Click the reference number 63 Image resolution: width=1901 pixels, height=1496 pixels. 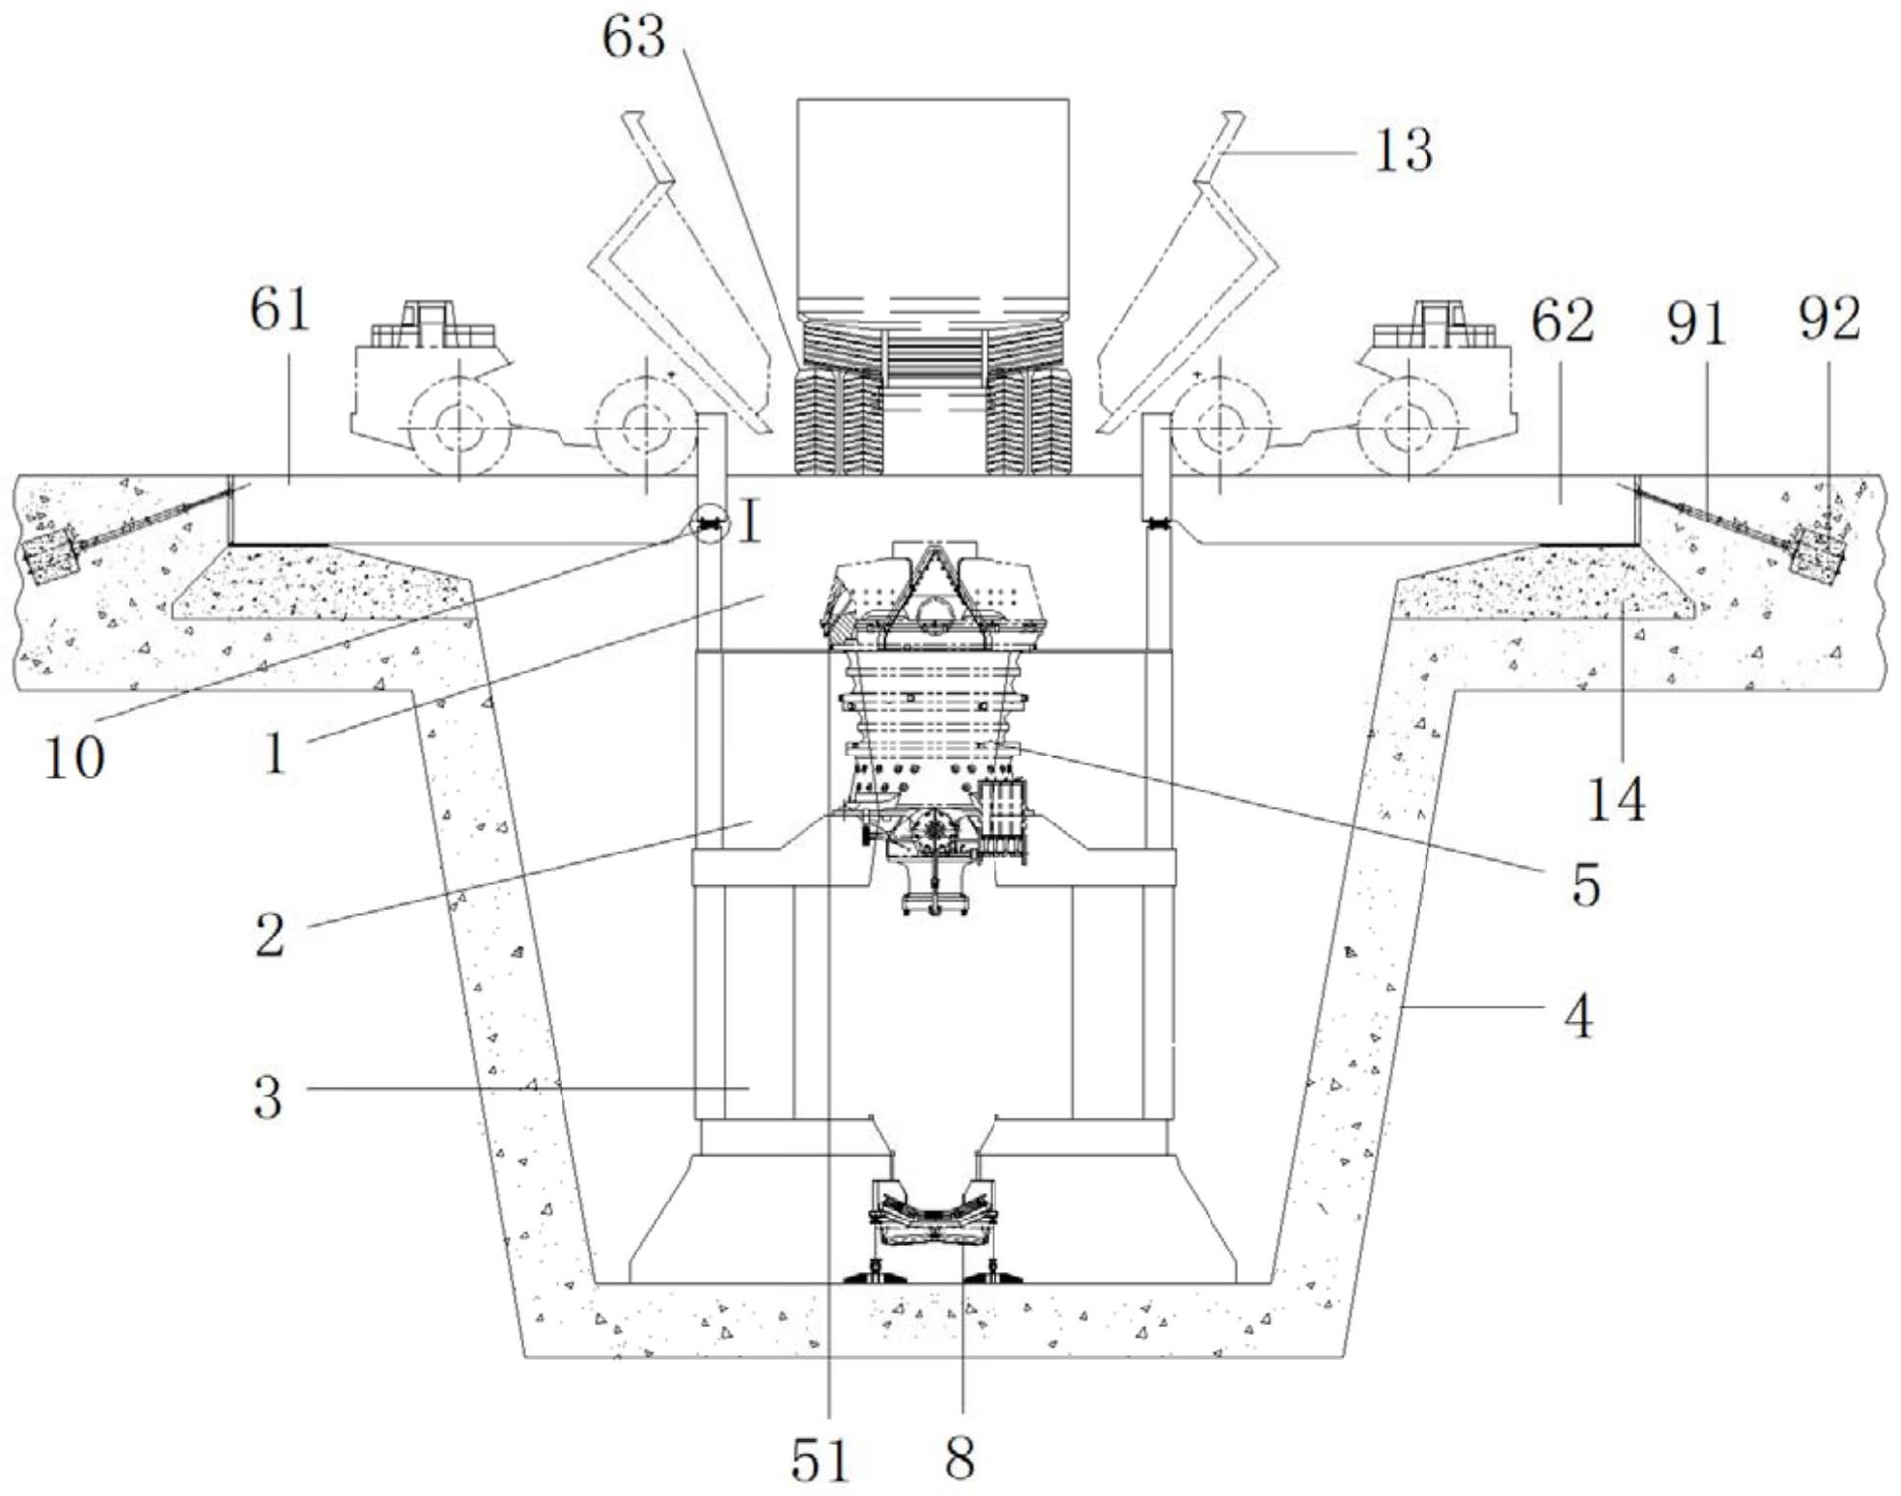634,40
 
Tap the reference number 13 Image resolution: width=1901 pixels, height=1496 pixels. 1403,152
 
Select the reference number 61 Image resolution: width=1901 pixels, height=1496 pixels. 280,311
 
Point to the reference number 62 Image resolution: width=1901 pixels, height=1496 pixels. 1562,322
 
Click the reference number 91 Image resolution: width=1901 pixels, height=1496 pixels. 1697,324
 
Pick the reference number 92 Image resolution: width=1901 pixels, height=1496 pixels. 1829,319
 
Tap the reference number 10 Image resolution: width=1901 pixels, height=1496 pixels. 73,758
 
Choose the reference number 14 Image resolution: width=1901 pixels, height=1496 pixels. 1616,800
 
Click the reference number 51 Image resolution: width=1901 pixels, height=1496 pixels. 820,1460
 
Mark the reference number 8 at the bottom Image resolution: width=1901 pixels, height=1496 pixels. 960,1457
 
